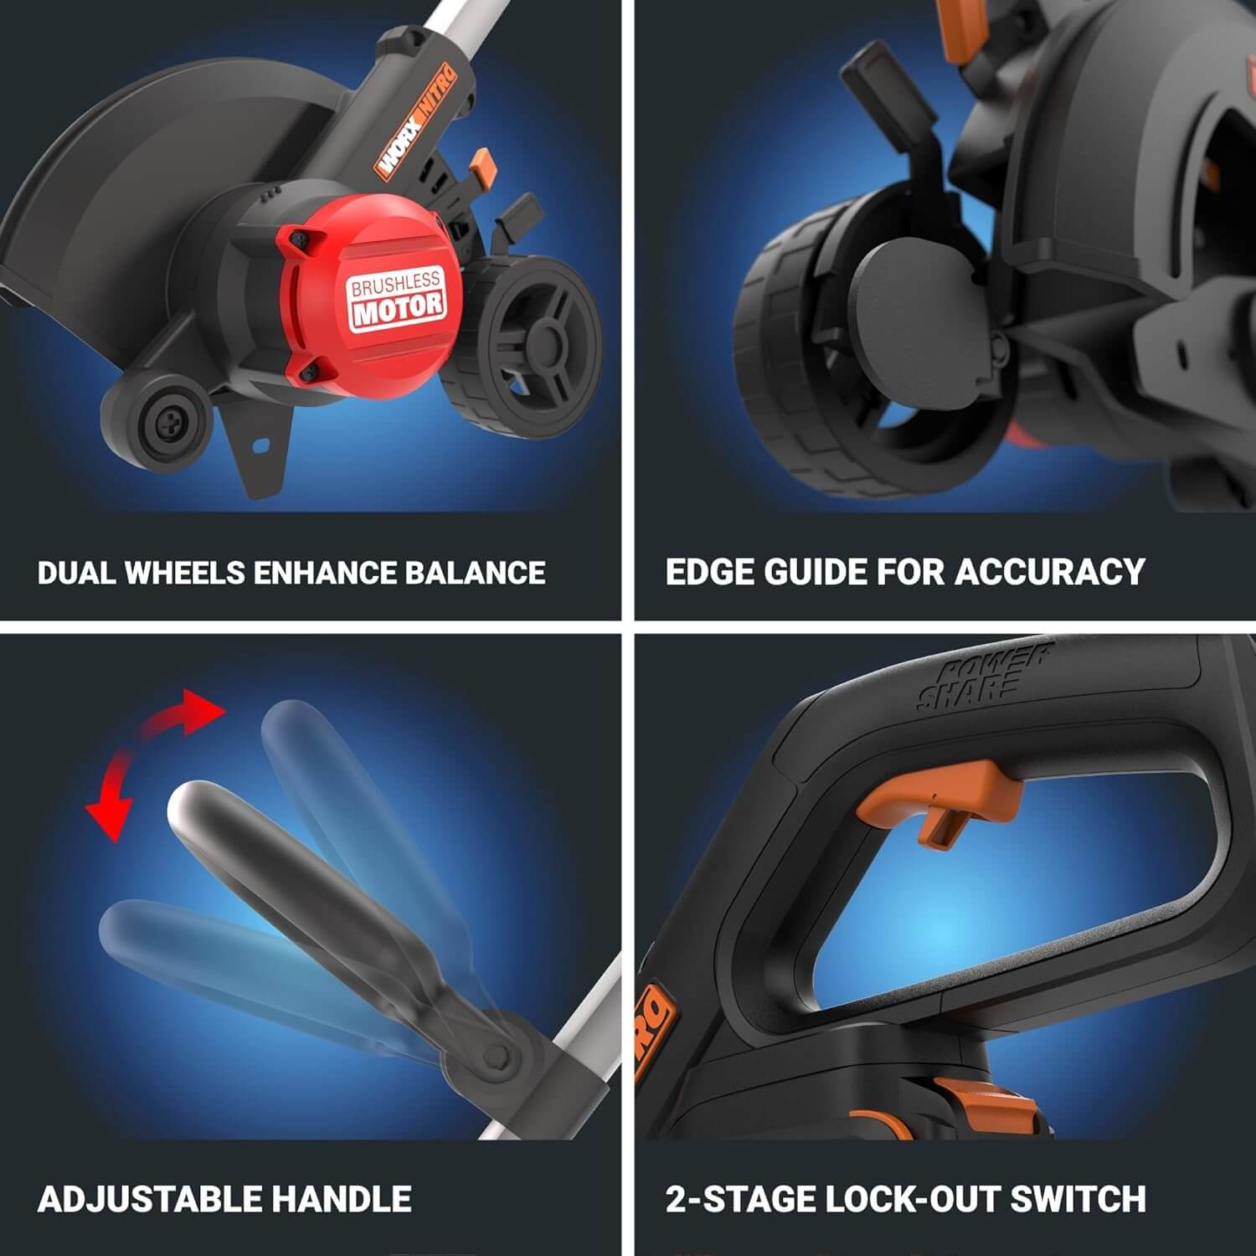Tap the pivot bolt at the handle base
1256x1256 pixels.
(x=497, y=1058)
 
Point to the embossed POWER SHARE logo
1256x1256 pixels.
(x=980, y=678)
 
